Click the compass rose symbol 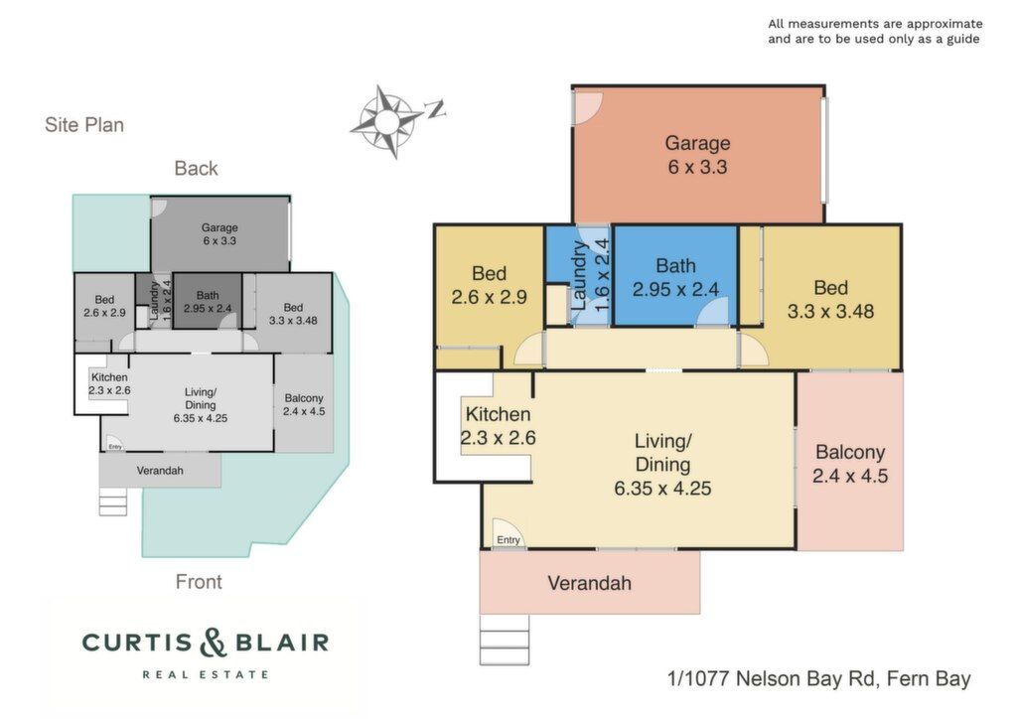(386, 121)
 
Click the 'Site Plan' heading (84, 124)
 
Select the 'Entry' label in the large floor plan (508, 539)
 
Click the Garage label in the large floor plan (697, 143)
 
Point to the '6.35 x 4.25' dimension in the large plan (662, 489)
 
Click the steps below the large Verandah (504, 640)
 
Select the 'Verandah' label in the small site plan (160, 471)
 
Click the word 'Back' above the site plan (196, 169)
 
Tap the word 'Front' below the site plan (199, 582)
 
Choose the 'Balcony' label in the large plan (850, 452)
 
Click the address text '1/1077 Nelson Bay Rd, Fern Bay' (818, 679)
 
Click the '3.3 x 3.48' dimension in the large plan (830, 311)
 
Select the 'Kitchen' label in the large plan (498, 414)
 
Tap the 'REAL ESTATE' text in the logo (205, 675)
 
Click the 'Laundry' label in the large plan (579, 275)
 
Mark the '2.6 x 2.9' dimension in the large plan (489, 297)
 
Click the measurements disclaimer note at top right (875, 31)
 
